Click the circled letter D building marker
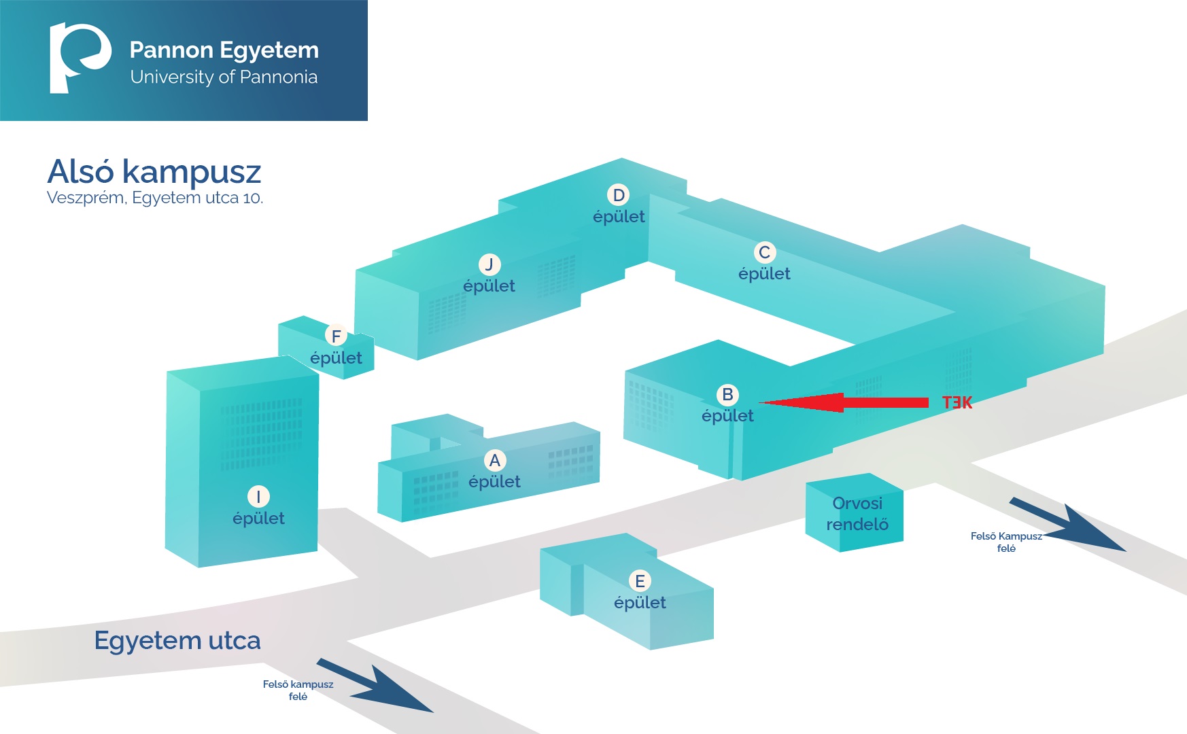coord(619,196)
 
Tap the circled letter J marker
coord(489,264)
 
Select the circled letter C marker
coord(765,253)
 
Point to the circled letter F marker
coord(336,336)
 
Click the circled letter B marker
coord(727,395)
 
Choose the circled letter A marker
coord(495,461)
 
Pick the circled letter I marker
coord(258,497)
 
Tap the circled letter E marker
coord(640,581)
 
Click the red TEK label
coord(957,403)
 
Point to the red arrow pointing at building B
coord(843,402)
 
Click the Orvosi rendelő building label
coord(857,514)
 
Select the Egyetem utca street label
coord(177,641)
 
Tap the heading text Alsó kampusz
coord(154,172)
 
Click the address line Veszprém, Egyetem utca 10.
coord(155,198)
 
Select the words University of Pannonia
coord(224,77)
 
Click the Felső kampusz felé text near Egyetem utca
coord(298,690)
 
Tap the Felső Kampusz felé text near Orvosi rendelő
coord(1006,542)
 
